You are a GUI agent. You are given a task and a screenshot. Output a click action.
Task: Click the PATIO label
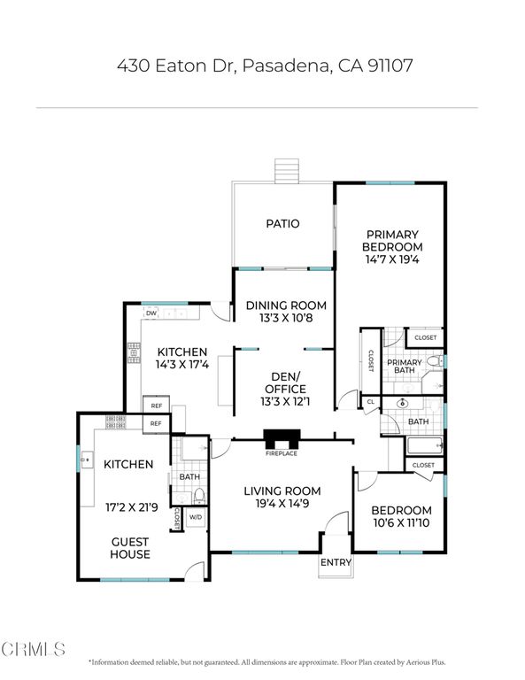282,224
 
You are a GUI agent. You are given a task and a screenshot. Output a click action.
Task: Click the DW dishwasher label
151,313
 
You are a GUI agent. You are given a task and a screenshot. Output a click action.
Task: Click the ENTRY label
336,563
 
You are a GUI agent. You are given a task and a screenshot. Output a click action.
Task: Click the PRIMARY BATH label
405,367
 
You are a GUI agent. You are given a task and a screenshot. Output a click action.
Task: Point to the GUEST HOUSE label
130,548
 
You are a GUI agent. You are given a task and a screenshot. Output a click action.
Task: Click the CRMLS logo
33,650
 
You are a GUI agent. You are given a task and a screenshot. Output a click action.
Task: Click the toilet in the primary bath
434,362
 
